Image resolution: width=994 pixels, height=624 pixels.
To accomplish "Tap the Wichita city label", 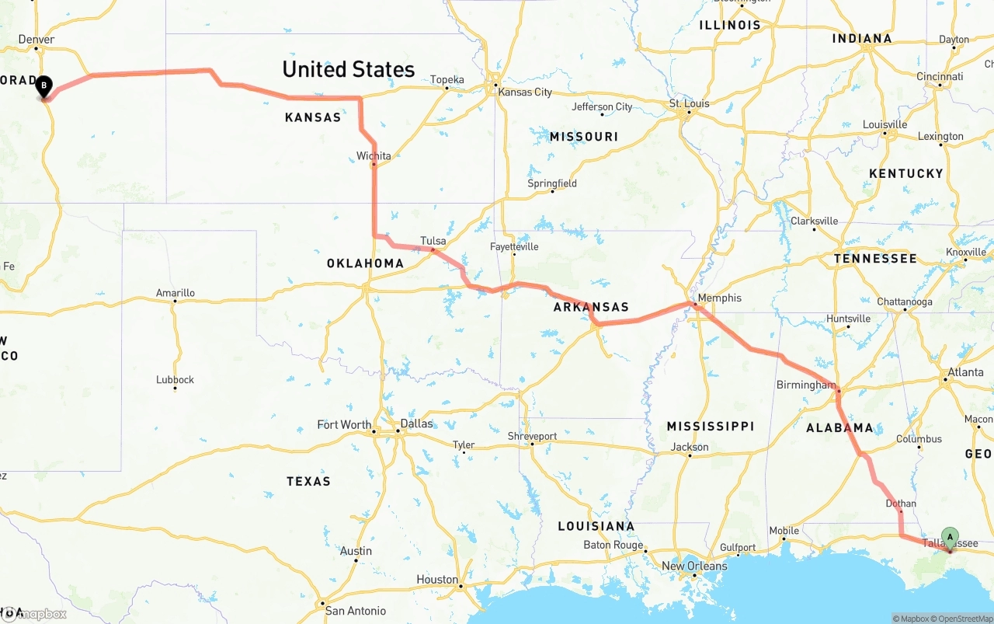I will (374, 156).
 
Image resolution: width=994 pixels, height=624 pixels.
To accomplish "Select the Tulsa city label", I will (433, 241).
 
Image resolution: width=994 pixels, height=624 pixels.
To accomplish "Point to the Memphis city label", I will (719, 298).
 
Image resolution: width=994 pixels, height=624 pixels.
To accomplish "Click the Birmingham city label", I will (806, 385).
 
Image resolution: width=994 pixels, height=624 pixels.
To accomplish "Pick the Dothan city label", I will (901, 504).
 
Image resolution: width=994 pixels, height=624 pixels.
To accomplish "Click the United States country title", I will (348, 69).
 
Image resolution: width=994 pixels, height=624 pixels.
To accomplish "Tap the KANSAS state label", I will (313, 117).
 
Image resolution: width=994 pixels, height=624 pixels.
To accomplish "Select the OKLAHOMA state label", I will (365, 263).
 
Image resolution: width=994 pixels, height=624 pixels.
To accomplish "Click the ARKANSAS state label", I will (591, 307).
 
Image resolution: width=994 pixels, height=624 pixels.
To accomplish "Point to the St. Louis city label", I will (690, 103).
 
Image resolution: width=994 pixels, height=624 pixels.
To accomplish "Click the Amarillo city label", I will (176, 293).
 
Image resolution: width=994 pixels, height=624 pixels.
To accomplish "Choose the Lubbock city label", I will (175, 380).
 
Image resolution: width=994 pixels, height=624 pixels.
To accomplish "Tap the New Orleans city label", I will (694, 566).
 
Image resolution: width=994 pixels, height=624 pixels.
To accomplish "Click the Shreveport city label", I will (532, 436).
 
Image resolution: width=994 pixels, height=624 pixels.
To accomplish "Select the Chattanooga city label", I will (905, 302).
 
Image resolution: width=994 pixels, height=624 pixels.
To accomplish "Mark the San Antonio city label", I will (355, 611).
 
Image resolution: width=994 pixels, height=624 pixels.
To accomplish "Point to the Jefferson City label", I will (602, 106).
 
